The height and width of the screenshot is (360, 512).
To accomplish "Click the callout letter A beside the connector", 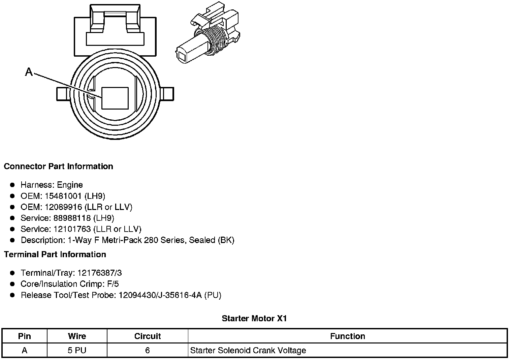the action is tap(29, 72).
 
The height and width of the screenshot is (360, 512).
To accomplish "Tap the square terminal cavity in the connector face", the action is tap(115, 98).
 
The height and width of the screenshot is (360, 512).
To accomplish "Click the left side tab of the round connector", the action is tap(63, 94).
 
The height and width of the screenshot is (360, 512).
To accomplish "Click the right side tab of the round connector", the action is tap(167, 94).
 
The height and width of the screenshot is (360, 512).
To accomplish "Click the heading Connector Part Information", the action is tap(58, 167).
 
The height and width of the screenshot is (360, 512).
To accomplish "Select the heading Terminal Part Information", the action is tap(55, 254).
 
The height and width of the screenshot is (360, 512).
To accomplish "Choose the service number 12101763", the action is tap(72, 229).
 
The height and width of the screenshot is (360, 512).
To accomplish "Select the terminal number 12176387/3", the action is tap(100, 273).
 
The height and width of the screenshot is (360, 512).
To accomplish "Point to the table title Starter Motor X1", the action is tap(254, 319).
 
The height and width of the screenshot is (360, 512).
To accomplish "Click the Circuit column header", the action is tap(148, 336).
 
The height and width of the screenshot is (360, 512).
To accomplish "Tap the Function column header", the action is tap(348, 336).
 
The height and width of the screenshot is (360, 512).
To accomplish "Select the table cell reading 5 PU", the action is tap(77, 351).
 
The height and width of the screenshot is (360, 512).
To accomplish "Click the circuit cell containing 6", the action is tap(148, 351).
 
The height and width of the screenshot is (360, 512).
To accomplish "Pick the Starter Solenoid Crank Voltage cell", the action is tap(248, 351).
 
